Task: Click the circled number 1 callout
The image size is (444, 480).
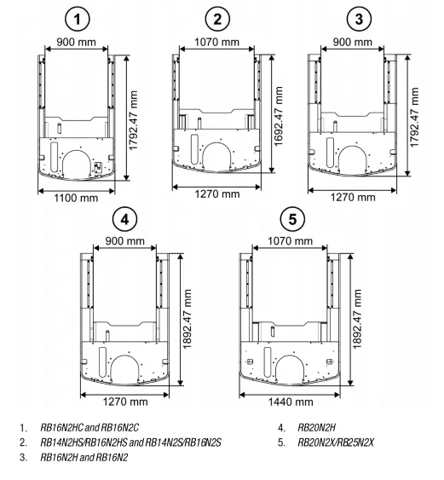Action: tap(78, 20)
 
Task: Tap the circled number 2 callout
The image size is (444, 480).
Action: tap(217, 20)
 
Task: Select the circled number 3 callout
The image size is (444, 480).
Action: tap(359, 20)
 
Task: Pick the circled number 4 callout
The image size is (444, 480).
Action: tap(124, 219)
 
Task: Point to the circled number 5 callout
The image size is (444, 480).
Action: tap(292, 219)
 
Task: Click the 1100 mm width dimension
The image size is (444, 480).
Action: tap(76, 198)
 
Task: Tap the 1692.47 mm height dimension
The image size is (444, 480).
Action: tap(279, 116)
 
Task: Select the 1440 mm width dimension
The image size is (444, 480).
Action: tap(291, 402)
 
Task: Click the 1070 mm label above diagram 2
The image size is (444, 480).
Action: tap(217, 42)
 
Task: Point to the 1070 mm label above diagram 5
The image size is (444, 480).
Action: tap(290, 241)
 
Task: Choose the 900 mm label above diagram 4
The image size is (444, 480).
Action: tap(124, 241)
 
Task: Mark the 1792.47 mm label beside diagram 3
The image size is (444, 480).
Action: tap(414, 118)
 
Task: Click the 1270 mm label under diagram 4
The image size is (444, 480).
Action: tap(125, 402)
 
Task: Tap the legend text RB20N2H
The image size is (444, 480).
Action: tap(317, 427)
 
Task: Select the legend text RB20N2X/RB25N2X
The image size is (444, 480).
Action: tap(336, 442)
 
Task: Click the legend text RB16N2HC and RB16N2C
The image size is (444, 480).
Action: tap(89, 427)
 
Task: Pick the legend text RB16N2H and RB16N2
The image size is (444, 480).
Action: tap(84, 457)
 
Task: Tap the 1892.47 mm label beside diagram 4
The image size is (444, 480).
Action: tap(187, 319)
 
